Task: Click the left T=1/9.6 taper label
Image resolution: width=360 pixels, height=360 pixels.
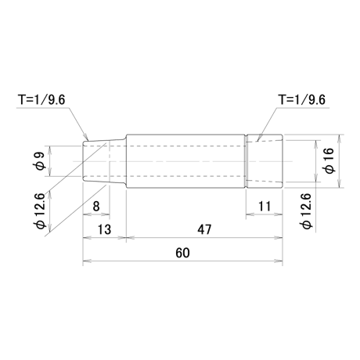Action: (41, 100)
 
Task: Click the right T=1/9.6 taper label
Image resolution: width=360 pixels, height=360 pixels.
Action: (302, 100)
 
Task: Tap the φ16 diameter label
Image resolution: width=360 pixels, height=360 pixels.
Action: (329, 160)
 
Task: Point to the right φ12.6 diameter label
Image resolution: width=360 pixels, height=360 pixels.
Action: (307, 212)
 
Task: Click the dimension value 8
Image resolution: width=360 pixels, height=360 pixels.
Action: (96, 207)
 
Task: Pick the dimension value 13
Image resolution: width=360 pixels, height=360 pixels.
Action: (104, 229)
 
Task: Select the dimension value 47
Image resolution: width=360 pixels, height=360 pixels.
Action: (204, 229)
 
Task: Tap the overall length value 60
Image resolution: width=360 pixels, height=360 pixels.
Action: (182, 253)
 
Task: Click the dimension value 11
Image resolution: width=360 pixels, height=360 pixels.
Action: (265, 207)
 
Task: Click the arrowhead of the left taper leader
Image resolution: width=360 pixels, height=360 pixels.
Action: (87, 137)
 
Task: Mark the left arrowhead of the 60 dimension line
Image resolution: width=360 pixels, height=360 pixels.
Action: (87, 261)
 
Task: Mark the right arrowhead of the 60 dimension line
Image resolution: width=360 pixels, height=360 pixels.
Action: (279, 261)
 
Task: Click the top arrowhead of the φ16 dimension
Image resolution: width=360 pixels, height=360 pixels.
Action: (339, 139)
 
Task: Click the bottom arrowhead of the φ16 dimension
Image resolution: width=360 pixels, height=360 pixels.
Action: (339, 183)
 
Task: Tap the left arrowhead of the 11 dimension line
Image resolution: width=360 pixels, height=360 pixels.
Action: (250, 214)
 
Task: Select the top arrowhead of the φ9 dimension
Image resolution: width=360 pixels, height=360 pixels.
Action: (50, 150)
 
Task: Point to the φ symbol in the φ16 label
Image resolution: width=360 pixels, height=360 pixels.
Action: (329, 169)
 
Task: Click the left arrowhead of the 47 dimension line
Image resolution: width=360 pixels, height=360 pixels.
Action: (131, 238)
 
